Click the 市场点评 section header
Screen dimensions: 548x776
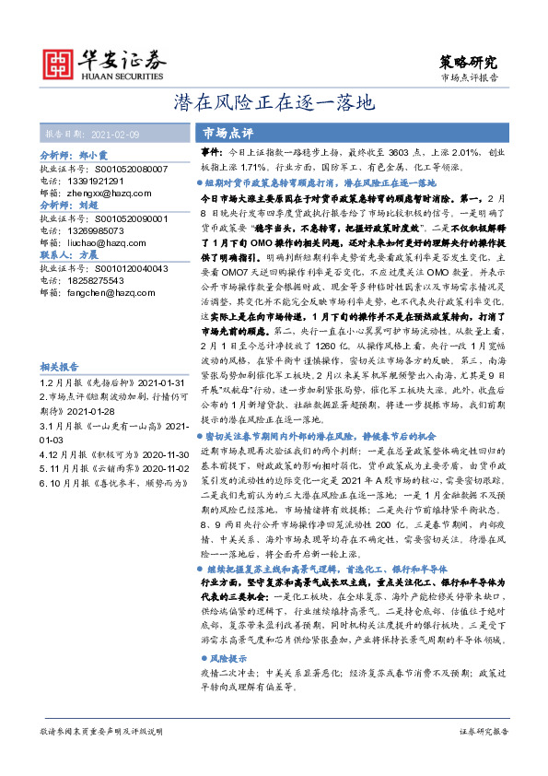[x=227, y=133]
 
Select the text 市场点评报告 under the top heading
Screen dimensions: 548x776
[x=470, y=79]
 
